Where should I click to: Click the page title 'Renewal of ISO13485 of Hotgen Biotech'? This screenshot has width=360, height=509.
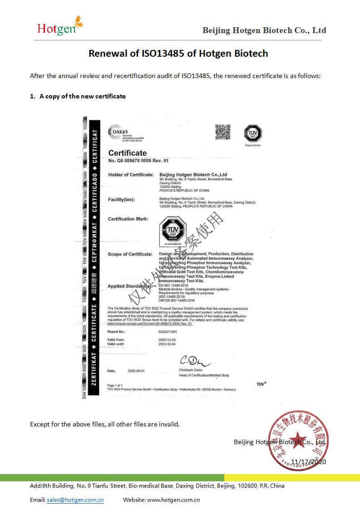178,54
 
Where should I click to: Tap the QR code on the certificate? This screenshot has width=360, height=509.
222,132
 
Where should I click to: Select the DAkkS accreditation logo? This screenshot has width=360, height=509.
119,132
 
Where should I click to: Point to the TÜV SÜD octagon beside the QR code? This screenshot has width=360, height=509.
253,133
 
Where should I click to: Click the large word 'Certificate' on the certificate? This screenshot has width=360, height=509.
128,153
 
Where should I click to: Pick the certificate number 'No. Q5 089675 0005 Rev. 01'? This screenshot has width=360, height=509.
138,161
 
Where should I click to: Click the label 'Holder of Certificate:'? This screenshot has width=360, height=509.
131,175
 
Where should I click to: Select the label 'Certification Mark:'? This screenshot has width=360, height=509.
128,219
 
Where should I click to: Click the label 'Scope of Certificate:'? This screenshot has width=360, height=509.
130,254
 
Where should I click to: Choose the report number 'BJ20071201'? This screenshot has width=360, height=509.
168,332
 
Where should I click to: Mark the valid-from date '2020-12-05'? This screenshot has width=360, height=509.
167,340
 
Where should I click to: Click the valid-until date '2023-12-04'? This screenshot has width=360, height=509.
167,344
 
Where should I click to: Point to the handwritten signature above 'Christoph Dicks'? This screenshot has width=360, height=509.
194,362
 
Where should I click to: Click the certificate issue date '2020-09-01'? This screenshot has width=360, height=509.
136,371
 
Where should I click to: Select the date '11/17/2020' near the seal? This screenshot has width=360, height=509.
308,462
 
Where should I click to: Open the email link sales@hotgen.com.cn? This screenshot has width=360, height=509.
75,500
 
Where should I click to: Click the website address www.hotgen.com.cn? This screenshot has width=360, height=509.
173,500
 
